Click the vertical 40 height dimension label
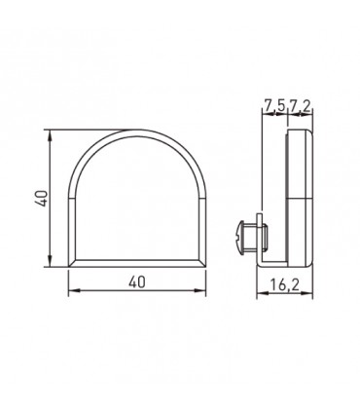pos(43,198)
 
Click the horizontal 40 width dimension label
pos(137,281)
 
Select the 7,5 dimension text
pos(274,106)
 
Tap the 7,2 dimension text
pos(300,106)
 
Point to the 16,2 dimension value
pos(285,284)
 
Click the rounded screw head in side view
pos(241,236)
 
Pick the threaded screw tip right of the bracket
pos(265,236)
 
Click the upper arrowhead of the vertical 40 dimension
pos(50,135)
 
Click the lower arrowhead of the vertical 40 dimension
pos(50,261)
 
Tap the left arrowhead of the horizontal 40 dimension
pos(74,290)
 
